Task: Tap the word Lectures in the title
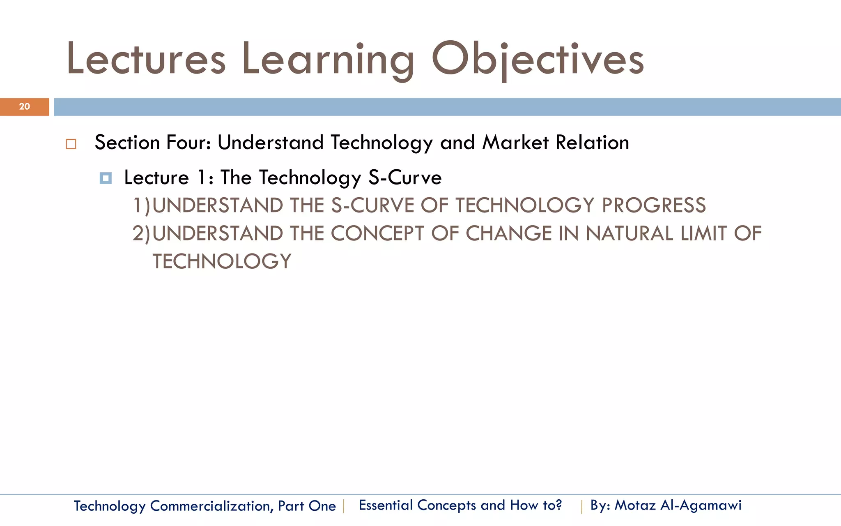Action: click(x=146, y=60)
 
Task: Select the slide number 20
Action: click(x=25, y=107)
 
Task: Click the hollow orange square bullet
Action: click(x=71, y=144)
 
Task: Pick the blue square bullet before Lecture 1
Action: click(x=106, y=178)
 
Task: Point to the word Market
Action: click(x=515, y=143)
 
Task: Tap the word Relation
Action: click(x=592, y=143)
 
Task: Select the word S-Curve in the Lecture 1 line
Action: click(x=405, y=178)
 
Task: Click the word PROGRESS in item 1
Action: click(x=654, y=205)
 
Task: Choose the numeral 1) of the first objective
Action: click(x=142, y=205)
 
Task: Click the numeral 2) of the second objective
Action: click(x=142, y=233)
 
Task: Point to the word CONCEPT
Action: click(x=377, y=233)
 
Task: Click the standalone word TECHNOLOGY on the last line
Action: click(x=222, y=261)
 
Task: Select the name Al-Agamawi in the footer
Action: click(x=701, y=505)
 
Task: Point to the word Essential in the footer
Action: click(x=386, y=505)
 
